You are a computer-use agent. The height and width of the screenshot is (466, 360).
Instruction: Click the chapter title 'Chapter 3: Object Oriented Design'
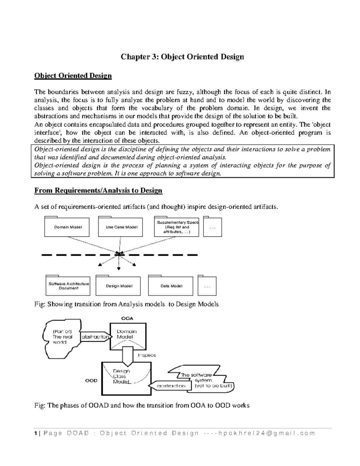(182, 57)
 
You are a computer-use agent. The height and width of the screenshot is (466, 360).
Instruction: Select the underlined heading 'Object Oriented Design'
(73, 76)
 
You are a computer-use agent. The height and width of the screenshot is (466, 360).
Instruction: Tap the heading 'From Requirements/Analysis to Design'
(98, 191)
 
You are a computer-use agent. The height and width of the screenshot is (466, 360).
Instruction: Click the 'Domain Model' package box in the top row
(67, 227)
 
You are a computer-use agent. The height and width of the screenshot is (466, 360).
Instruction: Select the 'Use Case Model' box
(121, 227)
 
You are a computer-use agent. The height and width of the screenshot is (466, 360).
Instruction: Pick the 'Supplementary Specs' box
(177, 227)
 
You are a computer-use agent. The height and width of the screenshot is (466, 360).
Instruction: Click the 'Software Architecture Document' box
(68, 286)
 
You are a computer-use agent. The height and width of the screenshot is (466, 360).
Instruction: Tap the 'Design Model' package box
(118, 286)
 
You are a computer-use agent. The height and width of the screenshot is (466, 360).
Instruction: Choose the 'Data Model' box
(171, 286)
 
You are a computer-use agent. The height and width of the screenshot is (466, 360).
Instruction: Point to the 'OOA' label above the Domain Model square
(127, 318)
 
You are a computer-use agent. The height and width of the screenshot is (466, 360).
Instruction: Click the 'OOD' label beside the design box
(91, 380)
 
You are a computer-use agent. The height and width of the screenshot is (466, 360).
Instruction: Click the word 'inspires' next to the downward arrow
(147, 355)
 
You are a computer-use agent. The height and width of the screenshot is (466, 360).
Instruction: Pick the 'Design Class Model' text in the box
(121, 376)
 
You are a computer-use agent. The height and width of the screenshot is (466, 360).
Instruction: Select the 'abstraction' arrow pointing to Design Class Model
(170, 386)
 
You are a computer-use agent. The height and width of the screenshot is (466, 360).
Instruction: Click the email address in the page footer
(266, 433)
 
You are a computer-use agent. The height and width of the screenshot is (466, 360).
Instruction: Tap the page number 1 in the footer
(36, 433)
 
